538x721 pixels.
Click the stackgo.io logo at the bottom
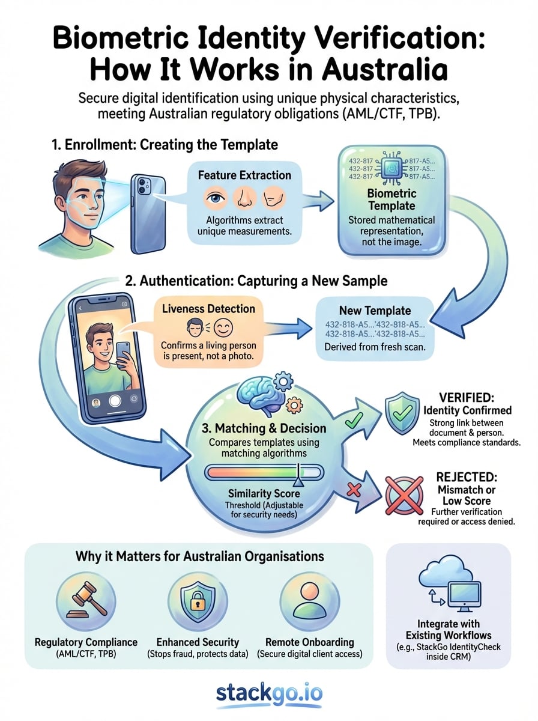click(x=269, y=693)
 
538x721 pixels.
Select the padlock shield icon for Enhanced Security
click(x=197, y=598)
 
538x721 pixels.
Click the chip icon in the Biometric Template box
click(x=391, y=168)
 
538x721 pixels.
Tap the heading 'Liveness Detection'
click(x=208, y=309)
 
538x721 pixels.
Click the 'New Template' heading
click(x=375, y=311)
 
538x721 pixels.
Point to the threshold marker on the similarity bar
click(x=297, y=477)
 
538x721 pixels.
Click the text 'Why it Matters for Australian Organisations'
click(x=199, y=556)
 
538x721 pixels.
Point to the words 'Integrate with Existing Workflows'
click(x=448, y=630)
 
